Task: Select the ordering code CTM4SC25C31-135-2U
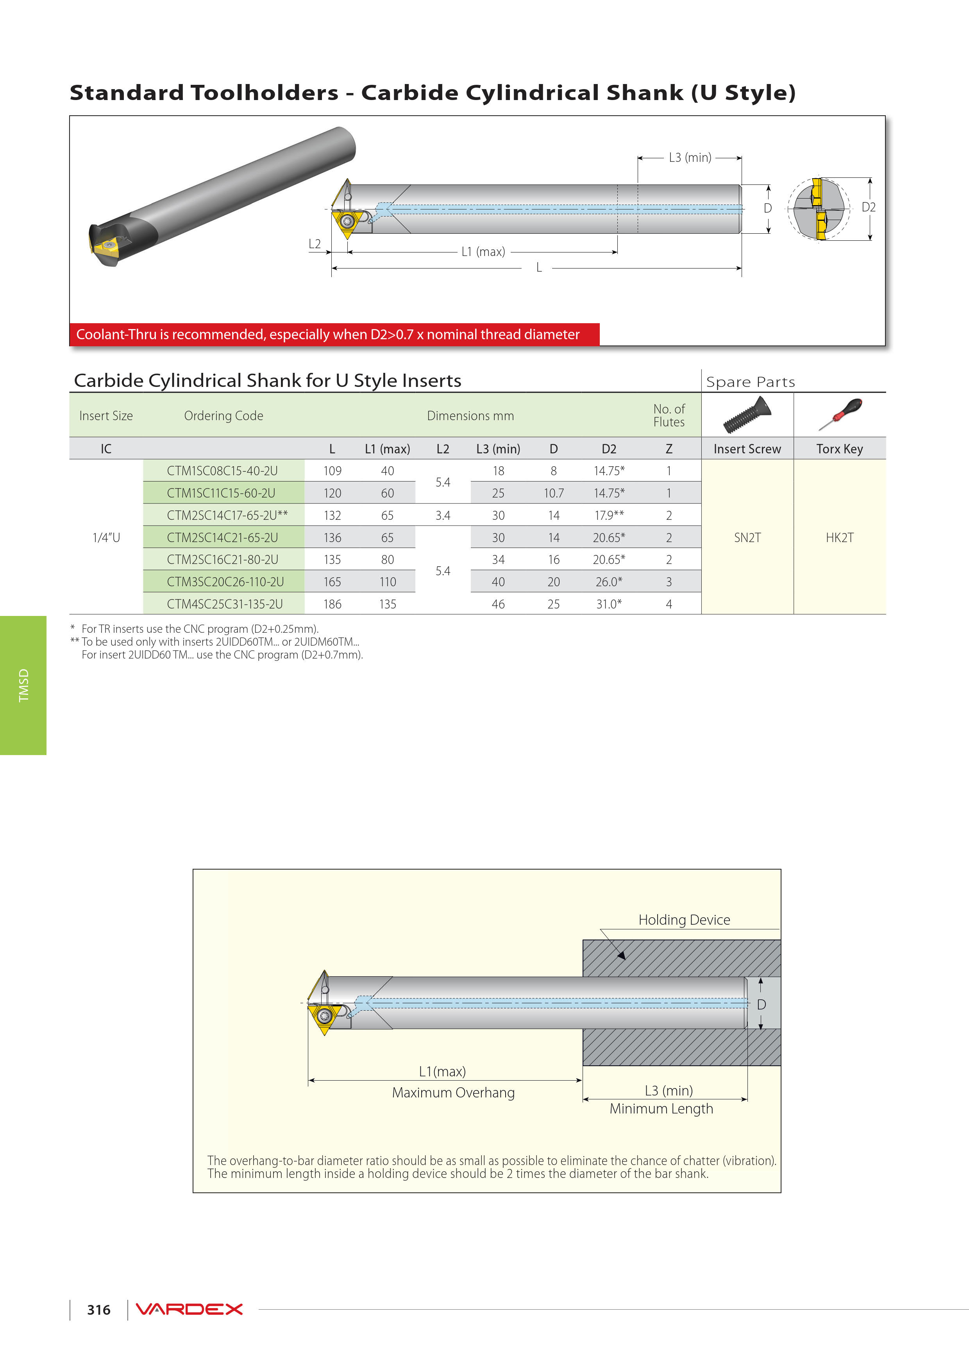(225, 604)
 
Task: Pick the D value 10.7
(553, 493)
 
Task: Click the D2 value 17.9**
(608, 515)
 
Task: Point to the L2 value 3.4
(442, 515)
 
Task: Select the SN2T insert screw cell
(747, 537)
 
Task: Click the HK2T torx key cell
(839, 537)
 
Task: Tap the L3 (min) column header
(498, 449)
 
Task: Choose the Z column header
(669, 449)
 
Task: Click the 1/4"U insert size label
(106, 537)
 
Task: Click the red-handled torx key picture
(839, 414)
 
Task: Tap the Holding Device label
(684, 920)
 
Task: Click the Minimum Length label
(661, 1108)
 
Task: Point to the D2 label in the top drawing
(868, 207)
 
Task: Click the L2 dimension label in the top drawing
(315, 243)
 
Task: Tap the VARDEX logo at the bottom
(189, 1310)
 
